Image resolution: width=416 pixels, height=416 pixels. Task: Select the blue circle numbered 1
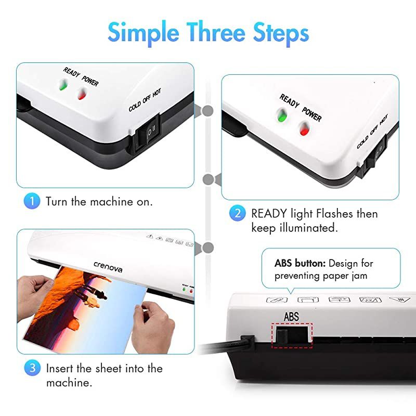[32, 201]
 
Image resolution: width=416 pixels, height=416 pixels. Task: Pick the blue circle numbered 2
[238, 213]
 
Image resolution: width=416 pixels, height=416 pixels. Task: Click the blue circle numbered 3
[32, 368]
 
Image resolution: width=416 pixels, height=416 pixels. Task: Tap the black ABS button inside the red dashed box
[284, 335]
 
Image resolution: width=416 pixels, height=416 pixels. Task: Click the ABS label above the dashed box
[291, 316]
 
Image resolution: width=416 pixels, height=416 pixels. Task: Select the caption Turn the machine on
[99, 202]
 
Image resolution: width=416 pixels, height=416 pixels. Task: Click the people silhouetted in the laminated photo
[90, 294]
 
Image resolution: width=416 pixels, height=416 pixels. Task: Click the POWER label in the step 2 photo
[313, 113]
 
